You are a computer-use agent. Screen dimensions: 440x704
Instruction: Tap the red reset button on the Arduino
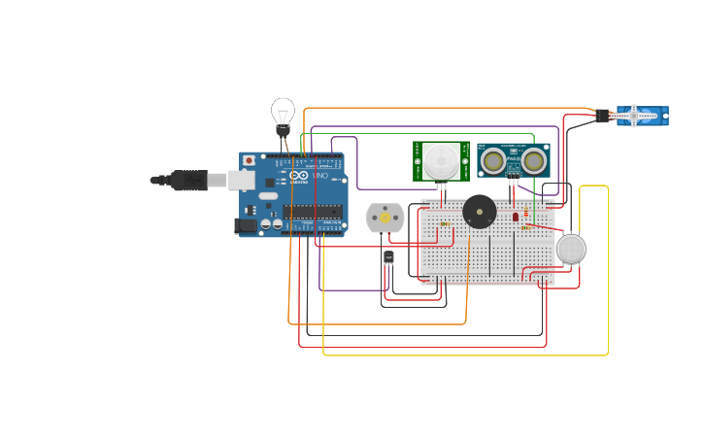click(249, 159)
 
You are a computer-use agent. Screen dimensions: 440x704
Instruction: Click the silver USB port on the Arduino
click(242, 180)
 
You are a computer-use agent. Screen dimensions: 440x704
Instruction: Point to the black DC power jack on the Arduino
click(246, 225)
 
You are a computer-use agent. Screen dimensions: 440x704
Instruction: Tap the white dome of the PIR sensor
click(441, 159)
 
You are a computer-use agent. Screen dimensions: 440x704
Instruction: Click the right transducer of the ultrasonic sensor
click(532, 159)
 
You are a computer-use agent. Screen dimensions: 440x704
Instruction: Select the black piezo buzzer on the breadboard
click(478, 211)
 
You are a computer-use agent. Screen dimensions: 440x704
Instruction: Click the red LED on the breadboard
click(516, 217)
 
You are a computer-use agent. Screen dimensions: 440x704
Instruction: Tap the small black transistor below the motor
click(388, 257)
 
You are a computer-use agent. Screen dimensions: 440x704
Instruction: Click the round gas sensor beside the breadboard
click(571, 250)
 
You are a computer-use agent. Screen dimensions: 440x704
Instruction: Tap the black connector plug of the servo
click(602, 117)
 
